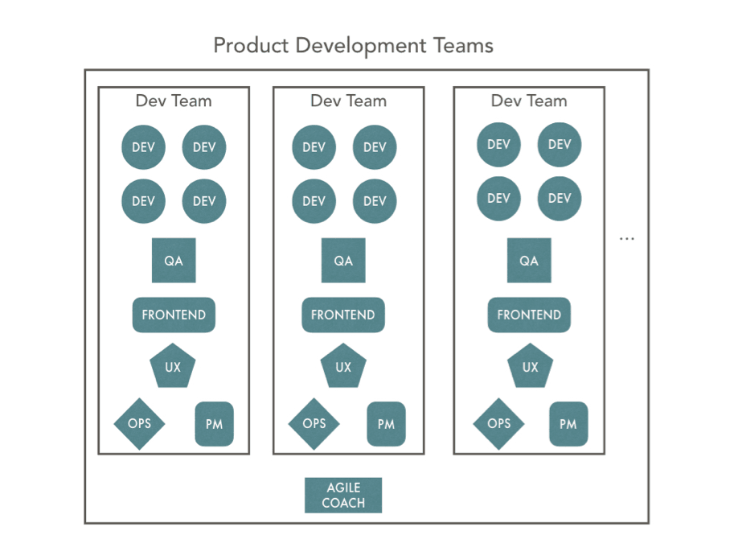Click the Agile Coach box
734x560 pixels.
343,496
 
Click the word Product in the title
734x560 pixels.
251,46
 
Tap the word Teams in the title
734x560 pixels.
463,46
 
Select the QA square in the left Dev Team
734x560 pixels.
174,261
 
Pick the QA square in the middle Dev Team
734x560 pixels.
343,261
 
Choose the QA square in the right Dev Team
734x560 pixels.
529,261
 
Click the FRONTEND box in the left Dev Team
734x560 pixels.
174,315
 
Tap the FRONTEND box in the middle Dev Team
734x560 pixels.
343,315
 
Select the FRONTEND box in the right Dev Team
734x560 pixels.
529,315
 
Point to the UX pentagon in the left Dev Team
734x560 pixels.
173,366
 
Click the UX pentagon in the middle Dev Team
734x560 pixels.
343,366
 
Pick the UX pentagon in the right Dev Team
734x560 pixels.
531,366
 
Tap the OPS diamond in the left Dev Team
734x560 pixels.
140,424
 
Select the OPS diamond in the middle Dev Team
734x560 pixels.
314,424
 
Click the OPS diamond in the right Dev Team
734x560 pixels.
499,424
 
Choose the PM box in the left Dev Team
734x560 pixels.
214,424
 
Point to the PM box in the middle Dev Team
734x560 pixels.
386,424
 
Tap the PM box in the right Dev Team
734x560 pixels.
568,424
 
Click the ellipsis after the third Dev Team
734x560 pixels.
627,239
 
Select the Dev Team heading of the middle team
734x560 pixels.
349,101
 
